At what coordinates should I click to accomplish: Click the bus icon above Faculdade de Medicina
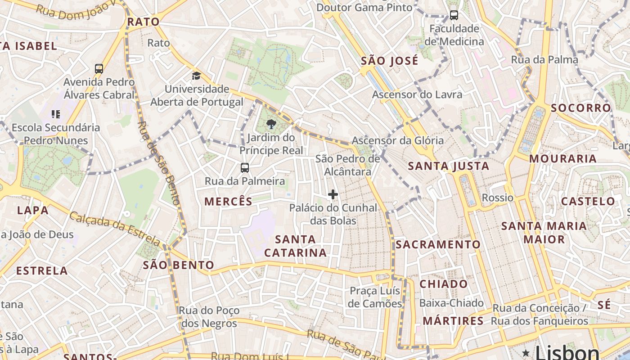point(454,15)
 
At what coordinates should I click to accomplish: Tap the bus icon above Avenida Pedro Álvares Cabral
point(99,69)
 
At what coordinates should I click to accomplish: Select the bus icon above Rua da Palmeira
point(245,168)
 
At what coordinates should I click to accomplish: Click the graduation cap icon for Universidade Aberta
point(196,76)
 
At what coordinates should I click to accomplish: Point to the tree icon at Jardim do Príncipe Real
point(271,124)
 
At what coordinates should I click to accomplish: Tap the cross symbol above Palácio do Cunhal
point(333,194)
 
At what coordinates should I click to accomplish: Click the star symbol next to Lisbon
point(526,352)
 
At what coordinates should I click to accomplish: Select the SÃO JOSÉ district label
point(390,60)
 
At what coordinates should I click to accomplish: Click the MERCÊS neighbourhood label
point(229,201)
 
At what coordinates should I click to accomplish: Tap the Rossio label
point(497,198)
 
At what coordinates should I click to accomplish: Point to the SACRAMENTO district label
point(438,244)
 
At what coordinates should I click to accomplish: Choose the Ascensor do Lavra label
point(417,94)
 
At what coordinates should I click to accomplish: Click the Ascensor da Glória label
point(397,140)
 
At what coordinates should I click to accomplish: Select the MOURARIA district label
point(562,158)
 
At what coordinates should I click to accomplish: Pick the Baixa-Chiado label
point(451,303)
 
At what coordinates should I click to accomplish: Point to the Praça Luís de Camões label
point(375,297)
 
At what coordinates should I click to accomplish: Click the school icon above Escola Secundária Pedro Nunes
point(56,114)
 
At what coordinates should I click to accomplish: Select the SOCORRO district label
point(580,108)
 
